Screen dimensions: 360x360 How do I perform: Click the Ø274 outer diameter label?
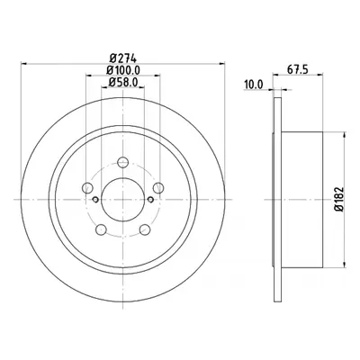(x=123, y=58)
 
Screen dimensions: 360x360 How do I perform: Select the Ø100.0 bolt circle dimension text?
(x=123, y=70)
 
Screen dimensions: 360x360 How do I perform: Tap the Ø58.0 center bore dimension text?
(x=123, y=82)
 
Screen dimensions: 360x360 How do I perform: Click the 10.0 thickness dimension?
(x=254, y=85)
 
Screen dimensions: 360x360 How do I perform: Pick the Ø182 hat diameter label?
(x=339, y=199)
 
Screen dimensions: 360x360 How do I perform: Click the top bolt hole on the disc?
(x=123, y=162)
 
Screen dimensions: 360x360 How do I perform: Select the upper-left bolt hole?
(x=87, y=188)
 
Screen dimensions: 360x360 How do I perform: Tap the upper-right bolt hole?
(x=158, y=188)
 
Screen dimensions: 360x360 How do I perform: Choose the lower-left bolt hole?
(x=101, y=229)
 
